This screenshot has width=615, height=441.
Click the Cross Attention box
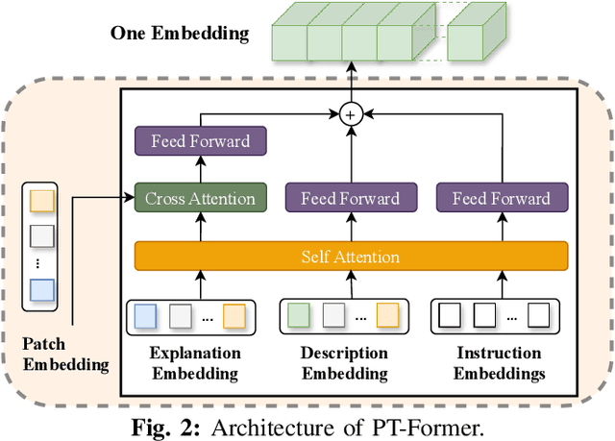(x=200, y=199)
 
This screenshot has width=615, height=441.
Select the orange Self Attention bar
(x=350, y=257)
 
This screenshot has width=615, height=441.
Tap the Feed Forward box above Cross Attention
(x=200, y=141)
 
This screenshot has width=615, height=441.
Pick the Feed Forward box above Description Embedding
(x=350, y=199)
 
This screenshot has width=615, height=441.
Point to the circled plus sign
(x=350, y=114)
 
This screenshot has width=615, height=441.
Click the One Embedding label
(x=179, y=34)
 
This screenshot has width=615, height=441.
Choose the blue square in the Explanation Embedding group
(x=143, y=315)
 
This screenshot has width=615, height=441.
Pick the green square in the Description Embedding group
(x=298, y=315)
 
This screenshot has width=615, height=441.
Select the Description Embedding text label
(x=344, y=362)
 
